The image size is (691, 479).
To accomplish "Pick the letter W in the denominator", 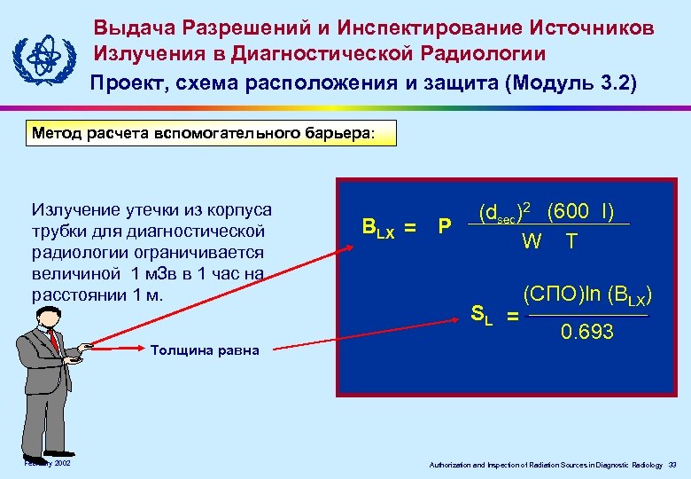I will [532, 241].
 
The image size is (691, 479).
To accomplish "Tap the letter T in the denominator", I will [572, 241].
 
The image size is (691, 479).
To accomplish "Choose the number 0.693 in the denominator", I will [586, 332].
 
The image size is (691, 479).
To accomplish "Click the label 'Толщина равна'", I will [205, 349].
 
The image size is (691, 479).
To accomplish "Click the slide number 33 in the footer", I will [672, 465].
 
